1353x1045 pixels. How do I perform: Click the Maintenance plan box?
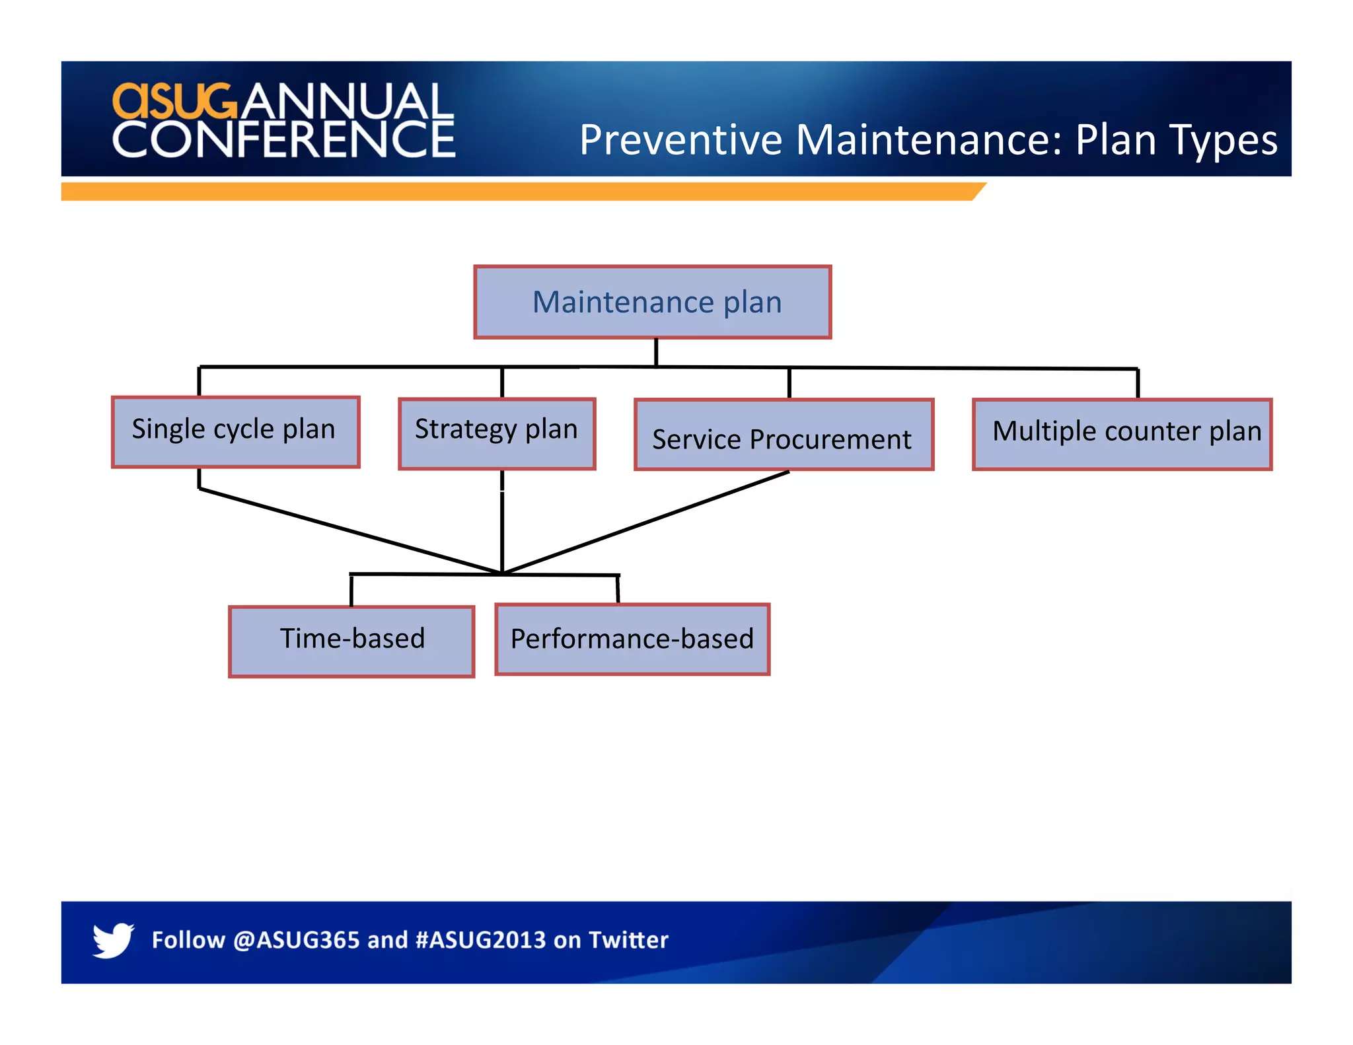(652, 303)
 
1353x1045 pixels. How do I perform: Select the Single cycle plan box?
(235, 432)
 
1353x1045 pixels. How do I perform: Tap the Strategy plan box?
(497, 434)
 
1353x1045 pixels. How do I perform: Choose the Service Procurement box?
(784, 435)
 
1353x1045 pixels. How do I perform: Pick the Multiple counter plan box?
(1122, 434)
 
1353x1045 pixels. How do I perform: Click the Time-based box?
(351, 641)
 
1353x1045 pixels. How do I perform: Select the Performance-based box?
(632, 639)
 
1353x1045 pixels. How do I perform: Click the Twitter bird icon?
(113, 939)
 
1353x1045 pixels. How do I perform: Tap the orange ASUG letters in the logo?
(174, 101)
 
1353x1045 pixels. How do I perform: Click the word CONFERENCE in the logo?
(284, 139)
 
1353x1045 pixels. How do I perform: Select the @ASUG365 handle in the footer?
(296, 940)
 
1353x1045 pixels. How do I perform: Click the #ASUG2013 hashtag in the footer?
(480, 940)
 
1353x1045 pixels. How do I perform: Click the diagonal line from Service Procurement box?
(647, 522)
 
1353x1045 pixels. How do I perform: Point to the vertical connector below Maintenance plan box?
(656, 352)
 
